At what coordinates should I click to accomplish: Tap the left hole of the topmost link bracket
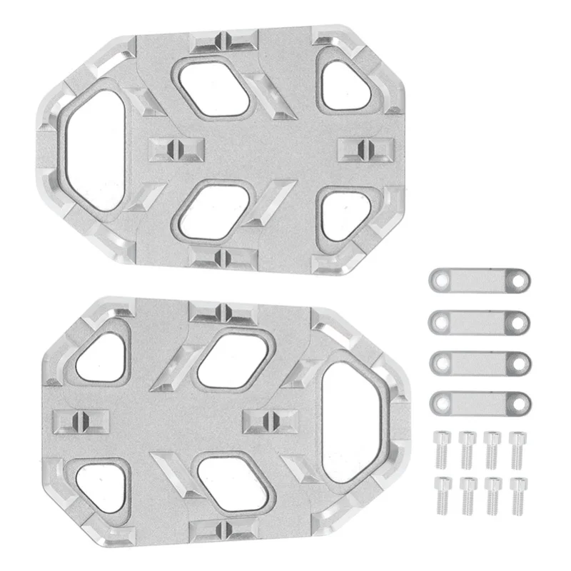point(440,279)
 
